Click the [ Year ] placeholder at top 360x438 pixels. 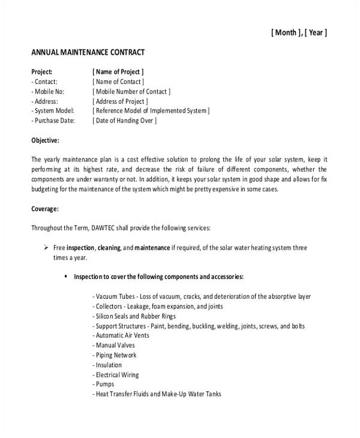(x=316, y=34)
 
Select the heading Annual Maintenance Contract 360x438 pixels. (x=88, y=53)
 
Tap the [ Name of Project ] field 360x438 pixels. (x=118, y=72)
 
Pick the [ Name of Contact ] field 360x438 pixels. (x=118, y=82)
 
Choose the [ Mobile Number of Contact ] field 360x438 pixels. (x=132, y=91)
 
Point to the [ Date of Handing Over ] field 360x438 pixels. (x=125, y=120)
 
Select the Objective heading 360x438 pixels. (x=45, y=140)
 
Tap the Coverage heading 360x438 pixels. (x=44, y=209)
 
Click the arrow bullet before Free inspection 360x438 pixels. (x=46, y=247)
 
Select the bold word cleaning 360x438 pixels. (x=109, y=247)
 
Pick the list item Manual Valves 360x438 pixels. (x=114, y=345)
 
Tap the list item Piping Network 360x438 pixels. (x=115, y=355)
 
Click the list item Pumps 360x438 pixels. (x=103, y=384)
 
